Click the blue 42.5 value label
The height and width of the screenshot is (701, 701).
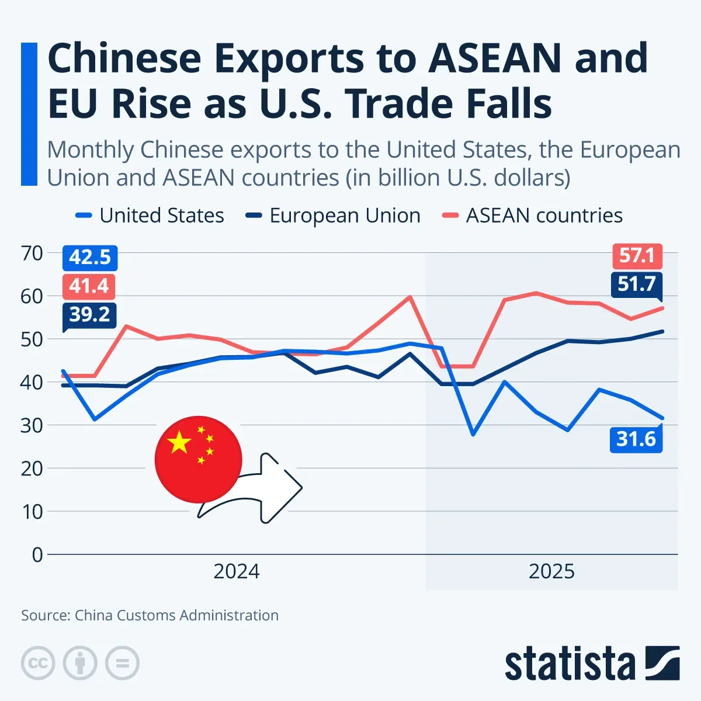click(x=90, y=258)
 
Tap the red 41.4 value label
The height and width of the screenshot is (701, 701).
click(x=89, y=286)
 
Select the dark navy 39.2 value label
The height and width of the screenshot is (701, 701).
click(x=89, y=315)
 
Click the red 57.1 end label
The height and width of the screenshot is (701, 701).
click(x=637, y=256)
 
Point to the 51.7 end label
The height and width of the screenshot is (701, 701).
click(x=637, y=284)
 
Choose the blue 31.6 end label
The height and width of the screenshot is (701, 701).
click(x=636, y=439)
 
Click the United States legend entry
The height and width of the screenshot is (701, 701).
click(x=150, y=216)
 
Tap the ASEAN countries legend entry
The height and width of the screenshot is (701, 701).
click(x=533, y=216)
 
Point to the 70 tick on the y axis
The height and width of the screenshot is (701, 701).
click(x=32, y=254)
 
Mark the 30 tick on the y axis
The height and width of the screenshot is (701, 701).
click(x=32, y=425)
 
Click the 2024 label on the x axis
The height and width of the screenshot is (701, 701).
click(x=236, y=571)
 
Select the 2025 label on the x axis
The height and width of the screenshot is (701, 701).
click(x=551, y=571)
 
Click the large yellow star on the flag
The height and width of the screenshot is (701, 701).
click(x=179, y=443)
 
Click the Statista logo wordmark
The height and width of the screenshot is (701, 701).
click(x=570, y=664)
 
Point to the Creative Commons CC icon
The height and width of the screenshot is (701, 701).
click(x=38, y=663)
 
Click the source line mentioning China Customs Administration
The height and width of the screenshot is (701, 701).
click(x=150, y=615)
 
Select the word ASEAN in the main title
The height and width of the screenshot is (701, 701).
click(x=495, y=58)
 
